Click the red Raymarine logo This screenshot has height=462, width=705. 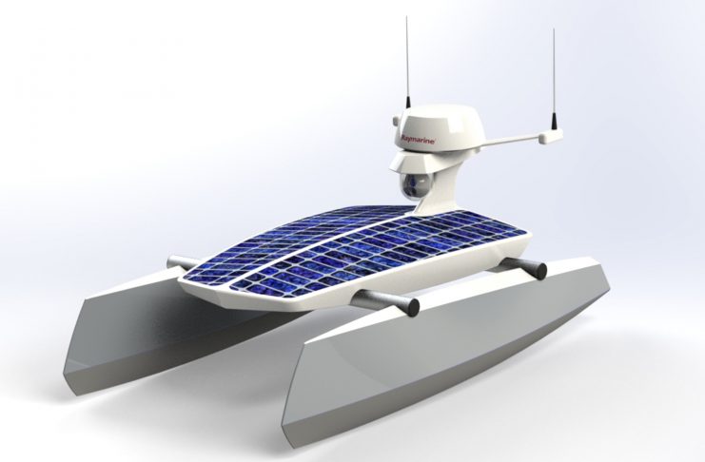(418, 139)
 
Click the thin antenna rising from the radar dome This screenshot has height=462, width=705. (407, 63)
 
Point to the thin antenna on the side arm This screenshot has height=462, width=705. (554, 77)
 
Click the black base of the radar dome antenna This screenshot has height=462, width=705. (408, 102)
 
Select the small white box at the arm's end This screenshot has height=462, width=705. (551, 135)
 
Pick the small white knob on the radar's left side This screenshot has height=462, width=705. (396, 122)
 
